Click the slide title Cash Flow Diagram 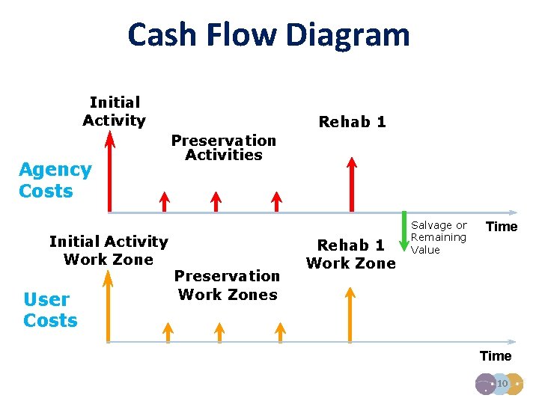pos(269,34)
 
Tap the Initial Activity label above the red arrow pos(114,111)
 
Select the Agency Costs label pos(55,180)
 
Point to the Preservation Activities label pos(223,147)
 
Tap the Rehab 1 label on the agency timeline pos(352,122)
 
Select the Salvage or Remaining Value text pos(439,237)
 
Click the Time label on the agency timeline pos(502,227)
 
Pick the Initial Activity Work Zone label pos(109,250)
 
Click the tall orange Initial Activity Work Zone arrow pos(109,307)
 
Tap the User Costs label pos(50,310)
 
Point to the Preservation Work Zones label pos(228,285)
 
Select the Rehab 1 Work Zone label pos(350,254)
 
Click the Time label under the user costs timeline pos(495,356)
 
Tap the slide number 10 pos(502,384)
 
